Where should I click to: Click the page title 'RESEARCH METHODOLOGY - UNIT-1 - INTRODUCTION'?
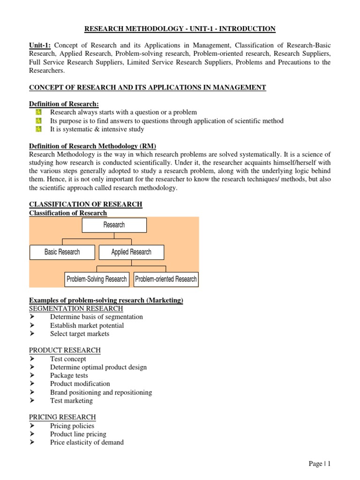180,29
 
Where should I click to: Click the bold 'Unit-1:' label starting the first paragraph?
40,45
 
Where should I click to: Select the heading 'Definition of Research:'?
64,104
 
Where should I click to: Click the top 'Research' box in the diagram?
114,225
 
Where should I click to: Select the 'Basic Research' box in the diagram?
62,252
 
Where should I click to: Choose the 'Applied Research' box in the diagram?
131,252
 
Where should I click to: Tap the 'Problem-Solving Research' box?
97,279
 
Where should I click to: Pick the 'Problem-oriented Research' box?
166,279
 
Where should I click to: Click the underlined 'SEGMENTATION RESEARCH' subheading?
76,308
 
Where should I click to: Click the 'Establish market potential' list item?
87,325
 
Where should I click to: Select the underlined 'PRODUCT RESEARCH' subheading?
65,350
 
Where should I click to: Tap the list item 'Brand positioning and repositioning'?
101,392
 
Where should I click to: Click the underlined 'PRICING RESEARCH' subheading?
62,417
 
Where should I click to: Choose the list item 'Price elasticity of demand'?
87,442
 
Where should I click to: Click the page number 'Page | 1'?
320,464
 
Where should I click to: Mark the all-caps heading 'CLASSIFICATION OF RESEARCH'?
86,204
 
